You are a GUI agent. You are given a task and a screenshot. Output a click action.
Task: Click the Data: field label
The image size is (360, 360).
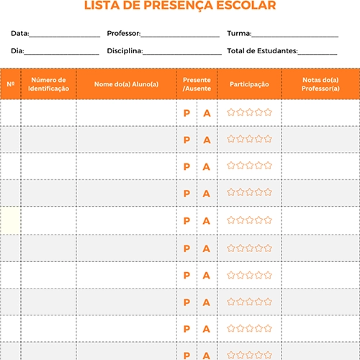(x=19, y=33)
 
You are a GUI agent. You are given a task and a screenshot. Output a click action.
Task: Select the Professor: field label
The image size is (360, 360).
(x=123, y=33)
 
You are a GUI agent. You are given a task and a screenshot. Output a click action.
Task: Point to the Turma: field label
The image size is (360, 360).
(x=239, y=33)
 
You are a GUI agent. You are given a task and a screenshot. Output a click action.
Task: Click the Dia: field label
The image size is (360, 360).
(x=17, y=50)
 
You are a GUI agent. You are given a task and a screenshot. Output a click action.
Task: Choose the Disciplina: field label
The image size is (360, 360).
(x=125, y=50)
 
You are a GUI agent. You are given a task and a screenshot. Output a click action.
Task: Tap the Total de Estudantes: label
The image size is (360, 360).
(x=262, y=50)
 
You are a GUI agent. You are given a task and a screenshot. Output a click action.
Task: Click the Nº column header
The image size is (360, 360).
(x=10, y=84)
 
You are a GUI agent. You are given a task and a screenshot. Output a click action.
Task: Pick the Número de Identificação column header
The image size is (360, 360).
(x=48, y=84)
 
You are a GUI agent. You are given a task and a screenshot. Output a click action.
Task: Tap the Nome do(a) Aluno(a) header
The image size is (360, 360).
(x=126, y=84)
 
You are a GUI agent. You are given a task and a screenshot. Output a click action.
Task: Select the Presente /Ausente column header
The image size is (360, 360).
(x=197, y=84)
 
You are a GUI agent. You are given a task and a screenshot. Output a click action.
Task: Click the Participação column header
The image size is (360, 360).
(x=249, y=84)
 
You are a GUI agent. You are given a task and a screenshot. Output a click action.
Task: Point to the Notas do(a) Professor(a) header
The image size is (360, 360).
(x=320, y=84)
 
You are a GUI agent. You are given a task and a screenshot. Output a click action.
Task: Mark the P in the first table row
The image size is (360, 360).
(x=186, y=113)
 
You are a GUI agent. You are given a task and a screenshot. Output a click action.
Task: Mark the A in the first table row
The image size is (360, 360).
(x=206, y=113)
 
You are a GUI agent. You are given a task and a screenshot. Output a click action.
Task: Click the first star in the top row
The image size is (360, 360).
(x=231, y=112)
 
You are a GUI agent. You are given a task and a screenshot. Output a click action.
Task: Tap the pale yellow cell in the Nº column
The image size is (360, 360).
(x=10, y=220)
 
